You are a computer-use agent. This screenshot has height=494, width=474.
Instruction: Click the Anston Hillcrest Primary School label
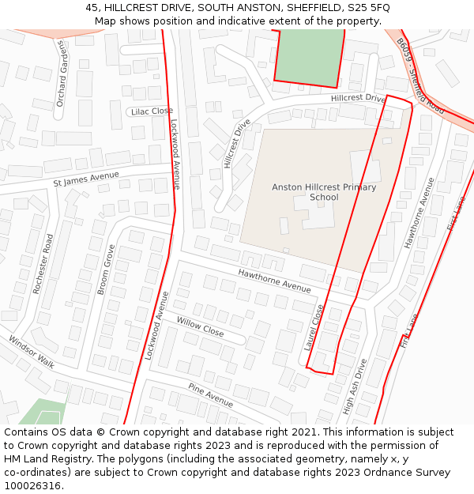pyautogui.click(x=324, y=192)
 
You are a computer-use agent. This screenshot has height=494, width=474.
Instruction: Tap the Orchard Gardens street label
pyautogui.click(x=62, y=74)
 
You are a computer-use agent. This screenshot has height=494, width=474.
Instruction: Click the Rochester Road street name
pyautogui.click(x=42, y=264)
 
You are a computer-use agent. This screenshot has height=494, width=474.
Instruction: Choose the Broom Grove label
pyautogui.click(x=106, y=270)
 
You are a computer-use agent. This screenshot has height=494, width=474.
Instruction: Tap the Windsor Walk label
pyautogui.click(x=32, y=353)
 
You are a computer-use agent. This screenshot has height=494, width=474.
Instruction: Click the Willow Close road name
pyautogui.click(x=200, y=327)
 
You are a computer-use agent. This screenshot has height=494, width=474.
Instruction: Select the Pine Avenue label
pyautogui.click(x=210, y=394)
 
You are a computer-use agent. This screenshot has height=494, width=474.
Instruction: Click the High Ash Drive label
pyautogui.click(x=354, y=387)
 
